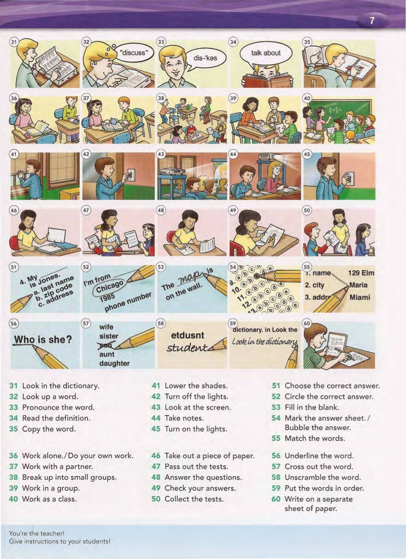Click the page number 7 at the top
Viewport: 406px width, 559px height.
pos(372,21)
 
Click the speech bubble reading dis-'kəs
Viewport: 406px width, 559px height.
pos(205,58)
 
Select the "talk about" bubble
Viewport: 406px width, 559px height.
pos(266,53)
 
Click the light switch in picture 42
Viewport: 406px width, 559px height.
pos(131,174)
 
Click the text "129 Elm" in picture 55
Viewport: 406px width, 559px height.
pos(361,273)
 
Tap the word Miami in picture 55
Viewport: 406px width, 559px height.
pos(360,297)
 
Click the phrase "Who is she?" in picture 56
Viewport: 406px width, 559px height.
pos(43,339)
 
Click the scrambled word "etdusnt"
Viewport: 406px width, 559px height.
pos(187,335)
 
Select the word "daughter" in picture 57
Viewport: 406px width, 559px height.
pos(114,363)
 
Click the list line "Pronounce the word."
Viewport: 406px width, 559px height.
pos(58,407)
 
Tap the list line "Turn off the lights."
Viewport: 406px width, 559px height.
pos(196,396)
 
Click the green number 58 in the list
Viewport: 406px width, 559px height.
pos(276,477)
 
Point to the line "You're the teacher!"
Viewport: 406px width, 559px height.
pos(36,534)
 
